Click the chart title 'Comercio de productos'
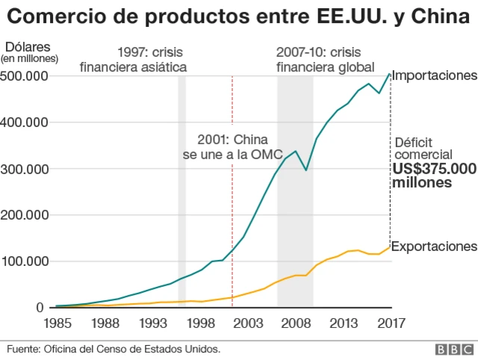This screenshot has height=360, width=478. (238, 16)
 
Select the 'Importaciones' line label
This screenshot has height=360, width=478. (434, 75)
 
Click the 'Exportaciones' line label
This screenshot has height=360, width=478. (434, 246)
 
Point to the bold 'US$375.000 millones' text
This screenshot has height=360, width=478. (434, 176)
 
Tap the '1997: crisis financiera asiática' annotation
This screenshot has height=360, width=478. (133, 60)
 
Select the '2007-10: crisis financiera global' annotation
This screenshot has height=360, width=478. (325, 60)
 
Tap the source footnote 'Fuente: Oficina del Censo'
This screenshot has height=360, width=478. (114, 349)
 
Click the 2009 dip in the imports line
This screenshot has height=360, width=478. (305, 170)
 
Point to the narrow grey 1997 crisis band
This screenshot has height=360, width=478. (181, 187)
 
